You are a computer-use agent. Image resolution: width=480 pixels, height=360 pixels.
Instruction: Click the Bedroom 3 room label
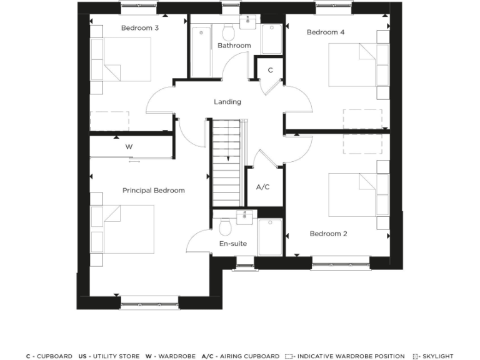coord(139,28)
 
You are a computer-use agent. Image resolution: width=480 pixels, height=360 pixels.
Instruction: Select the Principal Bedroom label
coord(153,191)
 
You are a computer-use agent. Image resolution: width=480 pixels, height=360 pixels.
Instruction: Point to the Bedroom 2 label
coord(328,234)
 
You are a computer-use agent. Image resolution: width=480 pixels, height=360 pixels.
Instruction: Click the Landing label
coord(227,102)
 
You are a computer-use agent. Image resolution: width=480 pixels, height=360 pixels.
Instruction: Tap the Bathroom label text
coord(234,46)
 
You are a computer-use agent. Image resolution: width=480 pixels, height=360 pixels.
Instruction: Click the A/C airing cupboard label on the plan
coord(262,187)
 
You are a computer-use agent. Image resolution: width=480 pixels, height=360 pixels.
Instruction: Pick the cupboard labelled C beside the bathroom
coord(270,71)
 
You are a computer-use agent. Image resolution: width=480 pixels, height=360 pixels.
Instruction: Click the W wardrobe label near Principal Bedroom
coord(129,147)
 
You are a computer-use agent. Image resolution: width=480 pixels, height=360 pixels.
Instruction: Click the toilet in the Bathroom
coord(229,32)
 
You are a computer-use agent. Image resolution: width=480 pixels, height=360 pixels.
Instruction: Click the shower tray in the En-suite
coord(270,237)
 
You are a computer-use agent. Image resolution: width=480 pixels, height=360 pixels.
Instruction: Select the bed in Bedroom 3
coord(122,59)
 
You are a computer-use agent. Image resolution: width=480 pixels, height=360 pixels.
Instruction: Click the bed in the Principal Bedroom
coord(123,229)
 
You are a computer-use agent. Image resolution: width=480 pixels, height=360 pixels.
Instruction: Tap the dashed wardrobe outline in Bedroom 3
coord(109,121)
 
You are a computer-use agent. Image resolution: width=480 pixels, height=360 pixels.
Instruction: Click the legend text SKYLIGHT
coord(437,356)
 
